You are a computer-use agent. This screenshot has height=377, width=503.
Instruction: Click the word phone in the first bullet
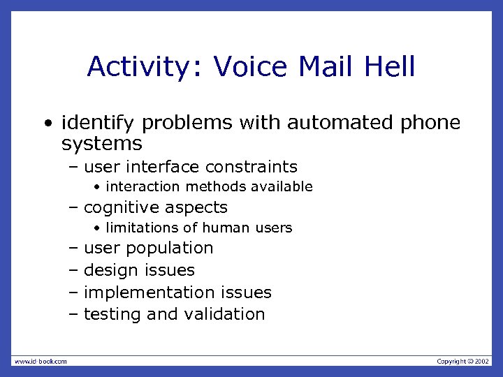430,123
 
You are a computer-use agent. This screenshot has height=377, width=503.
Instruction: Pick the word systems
101,145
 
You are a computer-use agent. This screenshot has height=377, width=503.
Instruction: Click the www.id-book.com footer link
40,361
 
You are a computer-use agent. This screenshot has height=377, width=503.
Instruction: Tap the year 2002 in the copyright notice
483,361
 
